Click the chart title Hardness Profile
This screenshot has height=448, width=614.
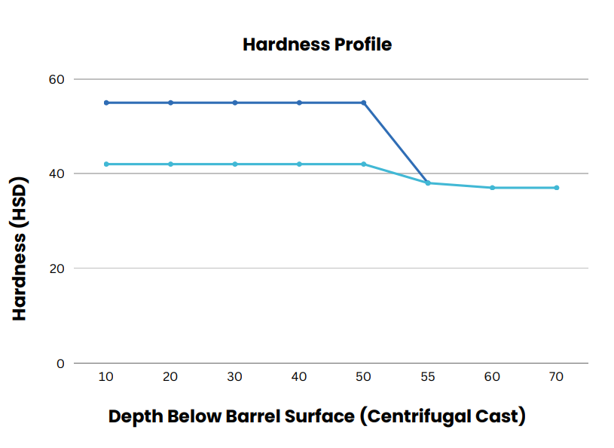click(317, 44)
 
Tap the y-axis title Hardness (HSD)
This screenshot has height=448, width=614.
click(20, 248)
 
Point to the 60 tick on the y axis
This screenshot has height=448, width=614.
click(58, 79)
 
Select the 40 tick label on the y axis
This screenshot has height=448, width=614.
click(58, 173)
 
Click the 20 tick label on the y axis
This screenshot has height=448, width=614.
click(58, 268)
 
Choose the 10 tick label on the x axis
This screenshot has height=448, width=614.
click(106, 377)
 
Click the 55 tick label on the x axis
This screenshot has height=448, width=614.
click(428, 377)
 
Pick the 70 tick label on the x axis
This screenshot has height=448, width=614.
click(556, 377)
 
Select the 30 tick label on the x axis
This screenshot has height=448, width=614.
click(235, 377)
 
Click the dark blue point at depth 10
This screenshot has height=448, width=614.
click(106, 103)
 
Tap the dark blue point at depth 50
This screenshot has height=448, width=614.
click(364, 103)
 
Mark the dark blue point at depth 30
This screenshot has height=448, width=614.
click(235, 103)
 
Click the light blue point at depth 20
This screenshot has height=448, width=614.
click(171, 164)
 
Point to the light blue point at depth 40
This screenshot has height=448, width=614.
click(299, 164)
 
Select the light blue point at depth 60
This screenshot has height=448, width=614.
click(492, 188)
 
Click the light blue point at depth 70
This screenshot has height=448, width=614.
click(557, 188)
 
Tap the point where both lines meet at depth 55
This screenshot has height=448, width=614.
click(428, 183)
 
